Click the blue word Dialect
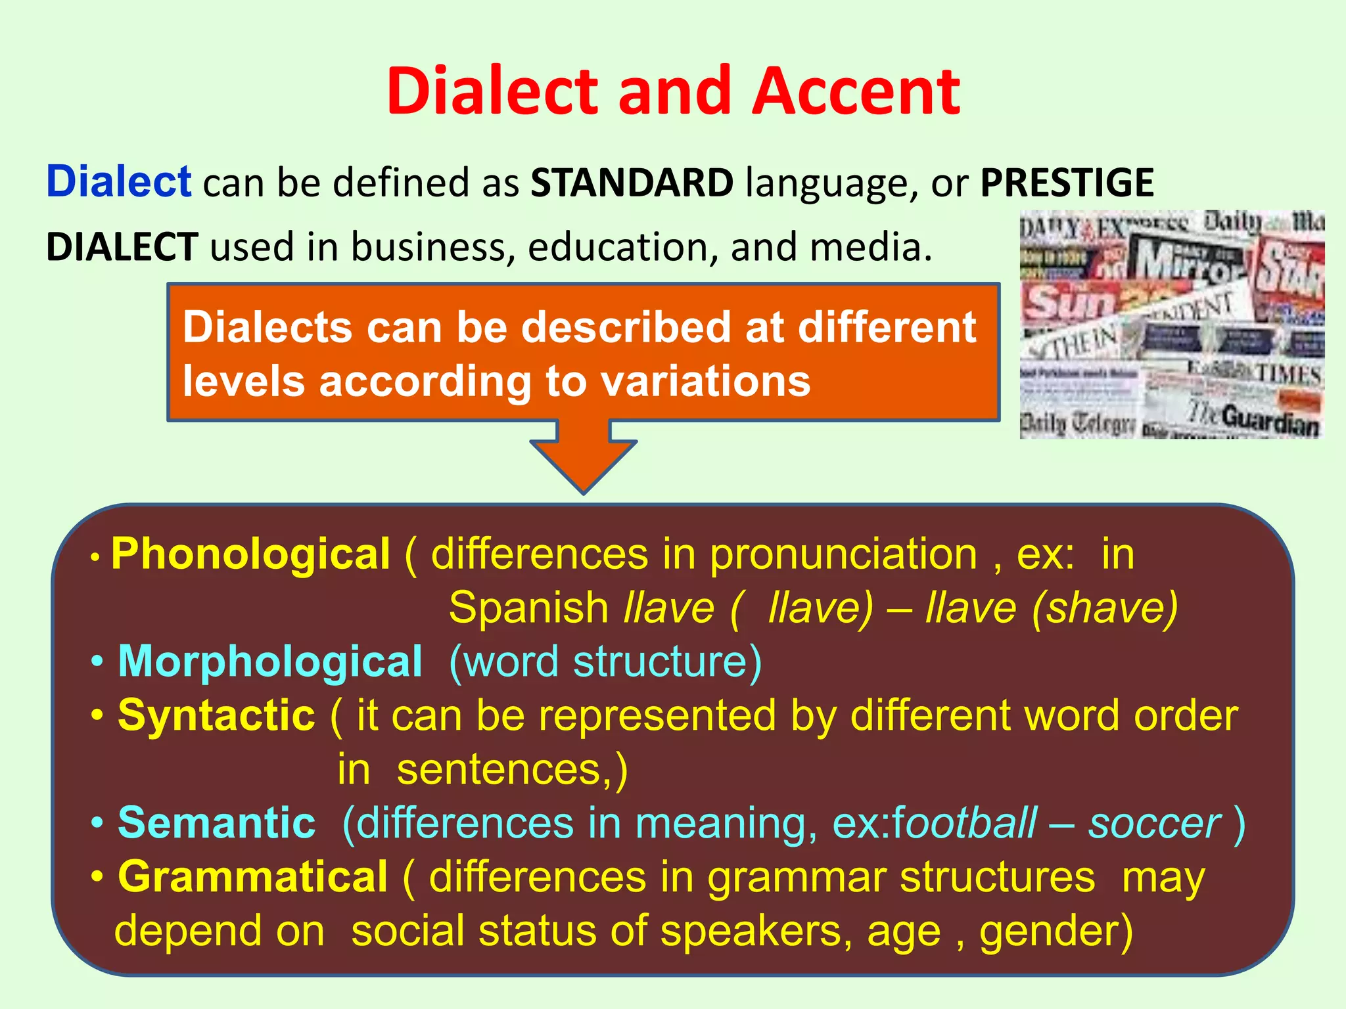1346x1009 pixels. [x=118, y=181]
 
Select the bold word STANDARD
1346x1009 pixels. [x=632, y=183]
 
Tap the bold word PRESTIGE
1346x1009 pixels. [x=1067, y=183]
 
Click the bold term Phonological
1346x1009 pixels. [x=251, y=554]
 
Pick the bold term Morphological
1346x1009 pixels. [x=270, y=661]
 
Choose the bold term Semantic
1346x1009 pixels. [x=216, y=822]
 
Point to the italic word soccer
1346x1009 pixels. [x=1154, y=822]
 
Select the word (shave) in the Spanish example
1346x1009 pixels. [x=1105, y=608]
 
